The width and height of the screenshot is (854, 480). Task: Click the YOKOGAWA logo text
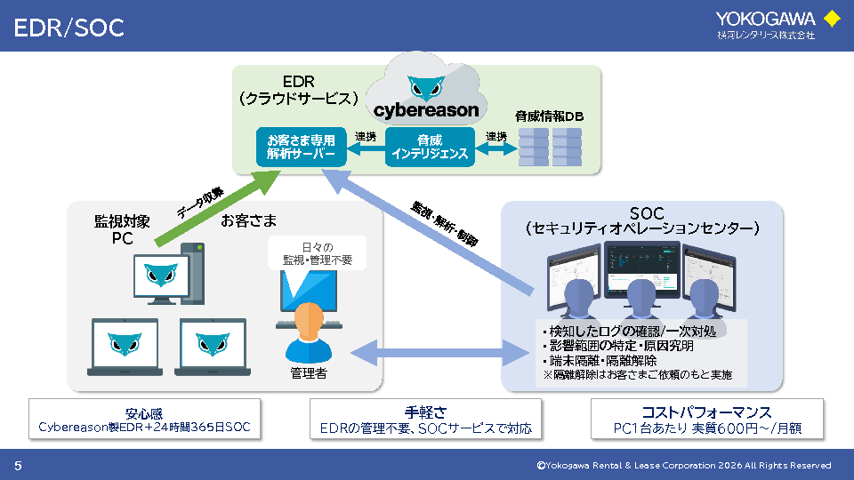[x=766, y=18]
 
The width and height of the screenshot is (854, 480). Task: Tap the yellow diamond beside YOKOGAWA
[x=832, y=18]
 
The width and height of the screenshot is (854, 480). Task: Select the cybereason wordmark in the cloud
[x=425, y=111]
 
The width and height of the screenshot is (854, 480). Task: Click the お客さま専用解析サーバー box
[x=301, y=147]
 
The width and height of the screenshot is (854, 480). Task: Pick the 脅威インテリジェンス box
[x=430, y=147]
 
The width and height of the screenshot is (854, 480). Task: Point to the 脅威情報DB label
[x=548, y=116]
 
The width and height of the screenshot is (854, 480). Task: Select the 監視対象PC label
[x=122, y=228]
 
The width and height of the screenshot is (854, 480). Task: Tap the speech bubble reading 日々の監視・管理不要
[x=317, y=253]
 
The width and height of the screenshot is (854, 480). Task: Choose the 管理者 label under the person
[x=309, y=372]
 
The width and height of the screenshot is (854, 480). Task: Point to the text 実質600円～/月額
[x=746, y=428]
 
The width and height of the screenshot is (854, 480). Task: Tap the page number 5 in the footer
[x=18, y=465]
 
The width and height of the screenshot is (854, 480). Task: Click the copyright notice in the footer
[x=683, y=465]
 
